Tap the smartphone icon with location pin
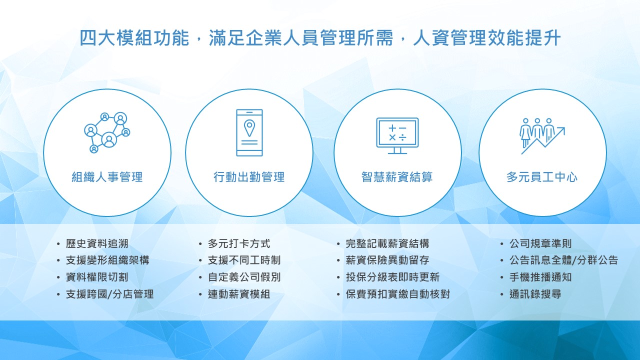pos(249,132)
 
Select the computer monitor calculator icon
pos(397,136)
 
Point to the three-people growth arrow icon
pos(542,136)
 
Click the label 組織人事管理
pos(107,177)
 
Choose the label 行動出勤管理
pos(249,177)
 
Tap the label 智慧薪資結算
pos(397,177)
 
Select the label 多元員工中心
pos(542,177)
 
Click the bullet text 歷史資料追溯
pos(97,243)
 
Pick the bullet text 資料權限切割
pos(97,277)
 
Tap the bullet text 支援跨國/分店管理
pos(110,294)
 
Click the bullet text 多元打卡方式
pos(239,243)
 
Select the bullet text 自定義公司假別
pos(244,277)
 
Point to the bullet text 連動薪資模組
pos(239,294)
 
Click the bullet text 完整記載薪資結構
pos(387,243)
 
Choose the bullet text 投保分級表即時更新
pos(393,277)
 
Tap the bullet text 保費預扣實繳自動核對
pos(398,294)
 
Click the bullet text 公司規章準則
pos(540,243)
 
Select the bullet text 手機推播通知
pos(540,277)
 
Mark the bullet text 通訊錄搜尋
pos(535,294)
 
